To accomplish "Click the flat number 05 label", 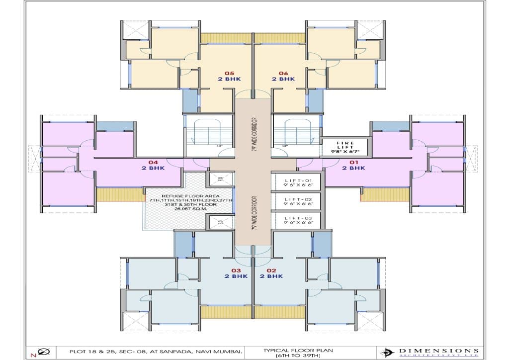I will [229, 73].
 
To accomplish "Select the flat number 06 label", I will [283, 73].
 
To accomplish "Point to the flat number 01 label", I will [353, 162].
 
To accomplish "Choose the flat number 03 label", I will [236, 270].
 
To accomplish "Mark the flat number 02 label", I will [271, 270].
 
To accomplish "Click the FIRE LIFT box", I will [345, 146].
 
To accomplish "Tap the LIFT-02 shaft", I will [297, 201].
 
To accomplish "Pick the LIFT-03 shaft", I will [297, 220].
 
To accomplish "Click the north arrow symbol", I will [43, 352].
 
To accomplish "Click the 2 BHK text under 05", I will [229, 79].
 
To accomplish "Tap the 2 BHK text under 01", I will [353, 168].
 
